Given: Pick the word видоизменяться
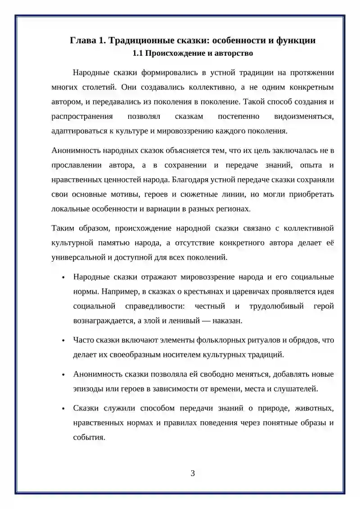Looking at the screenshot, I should point(304,117).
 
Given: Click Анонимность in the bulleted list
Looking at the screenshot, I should point(96,374).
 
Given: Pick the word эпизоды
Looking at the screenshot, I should point(87,388).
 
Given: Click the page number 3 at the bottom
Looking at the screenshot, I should point(193,473).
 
